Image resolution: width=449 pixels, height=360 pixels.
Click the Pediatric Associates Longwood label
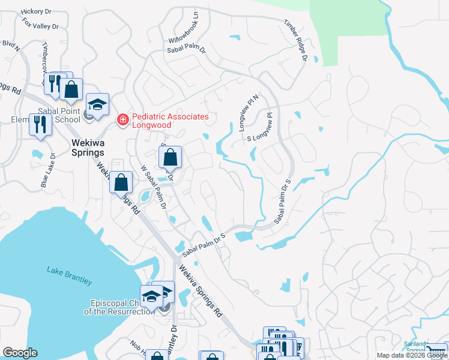click(x=170, y=121)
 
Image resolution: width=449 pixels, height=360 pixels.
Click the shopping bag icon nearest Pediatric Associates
click(x=170, y=158)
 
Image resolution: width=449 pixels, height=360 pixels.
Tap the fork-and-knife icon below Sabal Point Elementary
click(x=40, y=124)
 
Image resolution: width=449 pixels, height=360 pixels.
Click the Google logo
click(x=20, y=353)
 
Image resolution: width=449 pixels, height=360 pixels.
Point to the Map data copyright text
click(x=412, y=355)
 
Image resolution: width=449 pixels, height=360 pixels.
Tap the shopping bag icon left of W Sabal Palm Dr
click(x=121, y=182)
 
